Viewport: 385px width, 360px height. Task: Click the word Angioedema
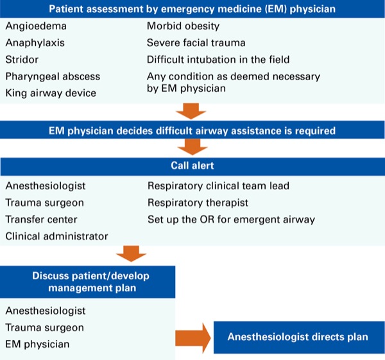click(x=36, y=26)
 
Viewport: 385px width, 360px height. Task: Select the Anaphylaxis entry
click(x=35, y=43)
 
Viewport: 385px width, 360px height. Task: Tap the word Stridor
click(x=22, y=60)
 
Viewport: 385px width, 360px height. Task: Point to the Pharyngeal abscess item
click(x=53, y=76)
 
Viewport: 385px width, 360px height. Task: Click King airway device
click(x=51, y=93)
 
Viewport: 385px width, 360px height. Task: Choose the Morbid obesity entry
click(x=183, y=26)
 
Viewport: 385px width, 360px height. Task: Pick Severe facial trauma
click(x=196, y=43)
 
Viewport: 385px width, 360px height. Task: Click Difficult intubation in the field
click(x=218, y=60)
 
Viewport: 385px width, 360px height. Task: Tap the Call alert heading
click(x=193, y=166)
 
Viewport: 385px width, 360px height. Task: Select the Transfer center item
click(x=41, y=219)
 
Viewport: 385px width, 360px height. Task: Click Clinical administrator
click(x=56, y=237)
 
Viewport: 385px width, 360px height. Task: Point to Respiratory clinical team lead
click(x=219, y=186)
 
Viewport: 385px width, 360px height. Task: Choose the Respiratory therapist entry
click(x=198, y=203)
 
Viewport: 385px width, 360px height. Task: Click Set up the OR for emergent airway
click(x=231, y=219)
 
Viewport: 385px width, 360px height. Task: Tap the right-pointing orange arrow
click(x=193, y=338)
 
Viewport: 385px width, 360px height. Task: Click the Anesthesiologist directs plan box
click(x=299, y=337)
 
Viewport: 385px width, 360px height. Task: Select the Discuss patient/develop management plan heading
click(x=91, y=282)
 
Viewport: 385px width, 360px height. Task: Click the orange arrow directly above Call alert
click(x=193, y=147)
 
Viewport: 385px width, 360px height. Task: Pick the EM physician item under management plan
click(x=37, y=345)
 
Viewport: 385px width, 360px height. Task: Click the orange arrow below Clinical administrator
click(x=131, y=253)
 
